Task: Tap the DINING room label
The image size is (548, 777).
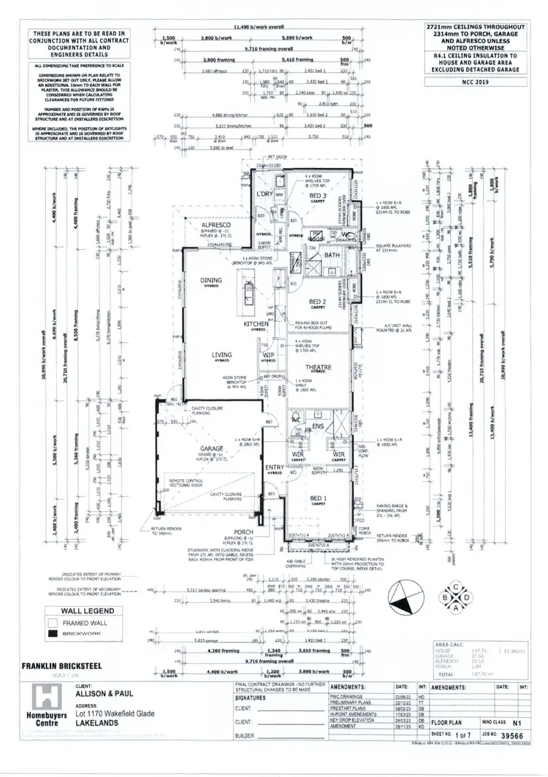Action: tap(211, 280)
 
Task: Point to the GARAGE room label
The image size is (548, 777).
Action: tap(211, 451)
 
